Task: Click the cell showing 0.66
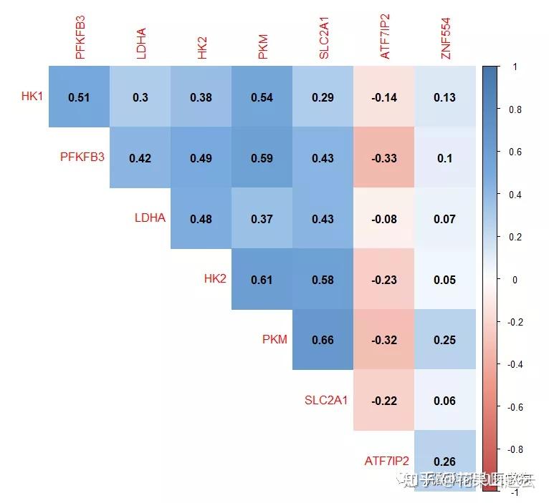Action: tap(323, 340)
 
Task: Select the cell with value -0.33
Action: tap(383, 158)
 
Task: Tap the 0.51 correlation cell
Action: tap(79, 97)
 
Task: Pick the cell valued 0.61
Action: tap(262, 280)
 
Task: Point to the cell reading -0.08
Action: tap(383, 219)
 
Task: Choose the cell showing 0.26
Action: tap(444, 462)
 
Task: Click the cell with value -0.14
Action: tap(383, 97)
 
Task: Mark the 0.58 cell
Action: tap(323, 280)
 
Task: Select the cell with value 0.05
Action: tap(444, 280)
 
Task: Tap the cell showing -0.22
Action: tap(383, 401)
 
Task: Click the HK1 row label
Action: tap(32, 96)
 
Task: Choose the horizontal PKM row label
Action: tap(274, 339)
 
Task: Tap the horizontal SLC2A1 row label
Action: tap(326, 400)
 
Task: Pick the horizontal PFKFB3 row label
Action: tap(82, 157)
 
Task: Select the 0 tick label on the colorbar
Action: tap(515, 280)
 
